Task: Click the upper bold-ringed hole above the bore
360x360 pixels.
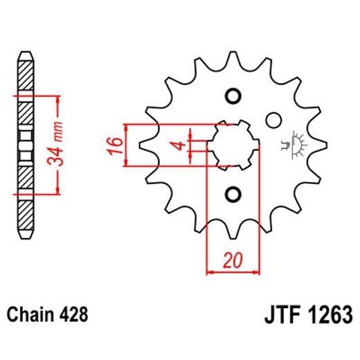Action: coord(233,96)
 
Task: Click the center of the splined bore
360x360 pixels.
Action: coord(233,145)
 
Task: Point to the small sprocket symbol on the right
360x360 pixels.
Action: coord(301,143)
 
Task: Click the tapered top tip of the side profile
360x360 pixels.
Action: coord(24,56)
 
